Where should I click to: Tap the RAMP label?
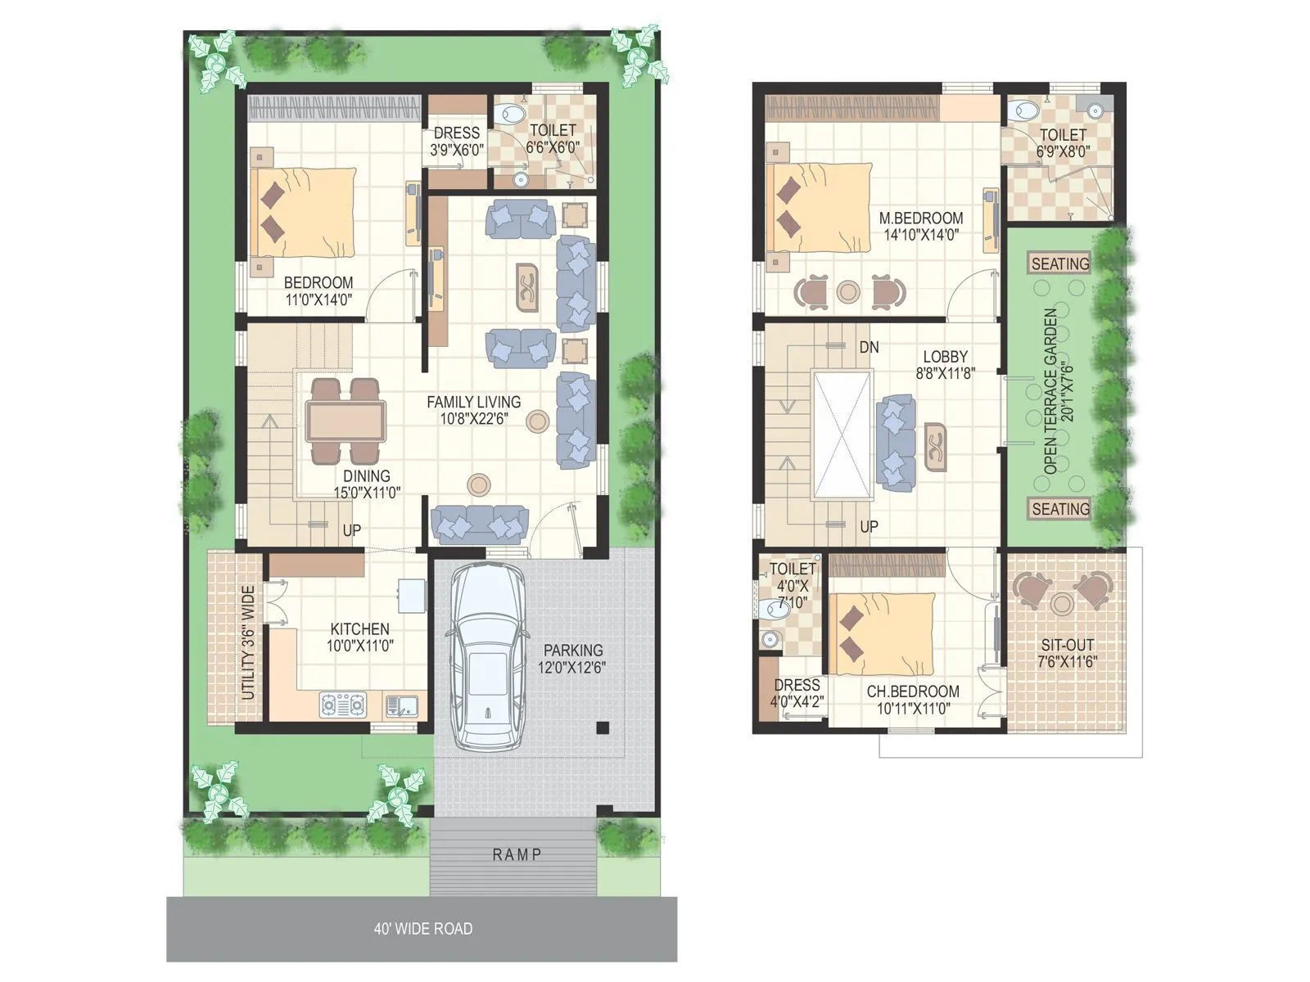tap(517, 854)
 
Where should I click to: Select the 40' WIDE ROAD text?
tap(422, 928)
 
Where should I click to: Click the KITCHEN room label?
tap(359, 628)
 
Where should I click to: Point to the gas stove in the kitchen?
tap(343, 705)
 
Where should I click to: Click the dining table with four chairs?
tap(345, 421)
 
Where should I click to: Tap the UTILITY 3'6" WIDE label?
tap(248, 642)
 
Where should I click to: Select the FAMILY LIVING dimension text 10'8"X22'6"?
tap(473, 418)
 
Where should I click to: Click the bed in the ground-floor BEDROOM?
tap(303, 212)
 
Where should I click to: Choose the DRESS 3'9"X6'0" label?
tap(456, 141)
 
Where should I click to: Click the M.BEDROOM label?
tap(920, 218)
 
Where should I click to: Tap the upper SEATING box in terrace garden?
tap(1059, 264)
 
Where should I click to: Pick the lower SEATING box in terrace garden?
tap(1059, 509)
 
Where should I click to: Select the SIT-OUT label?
tap(1066, 645)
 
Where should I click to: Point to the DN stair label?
tap(869, 347)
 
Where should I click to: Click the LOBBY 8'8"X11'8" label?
tap(945, 364)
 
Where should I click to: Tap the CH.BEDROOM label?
tap(912, 691)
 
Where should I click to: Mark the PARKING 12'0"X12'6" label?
tap(572, 659)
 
